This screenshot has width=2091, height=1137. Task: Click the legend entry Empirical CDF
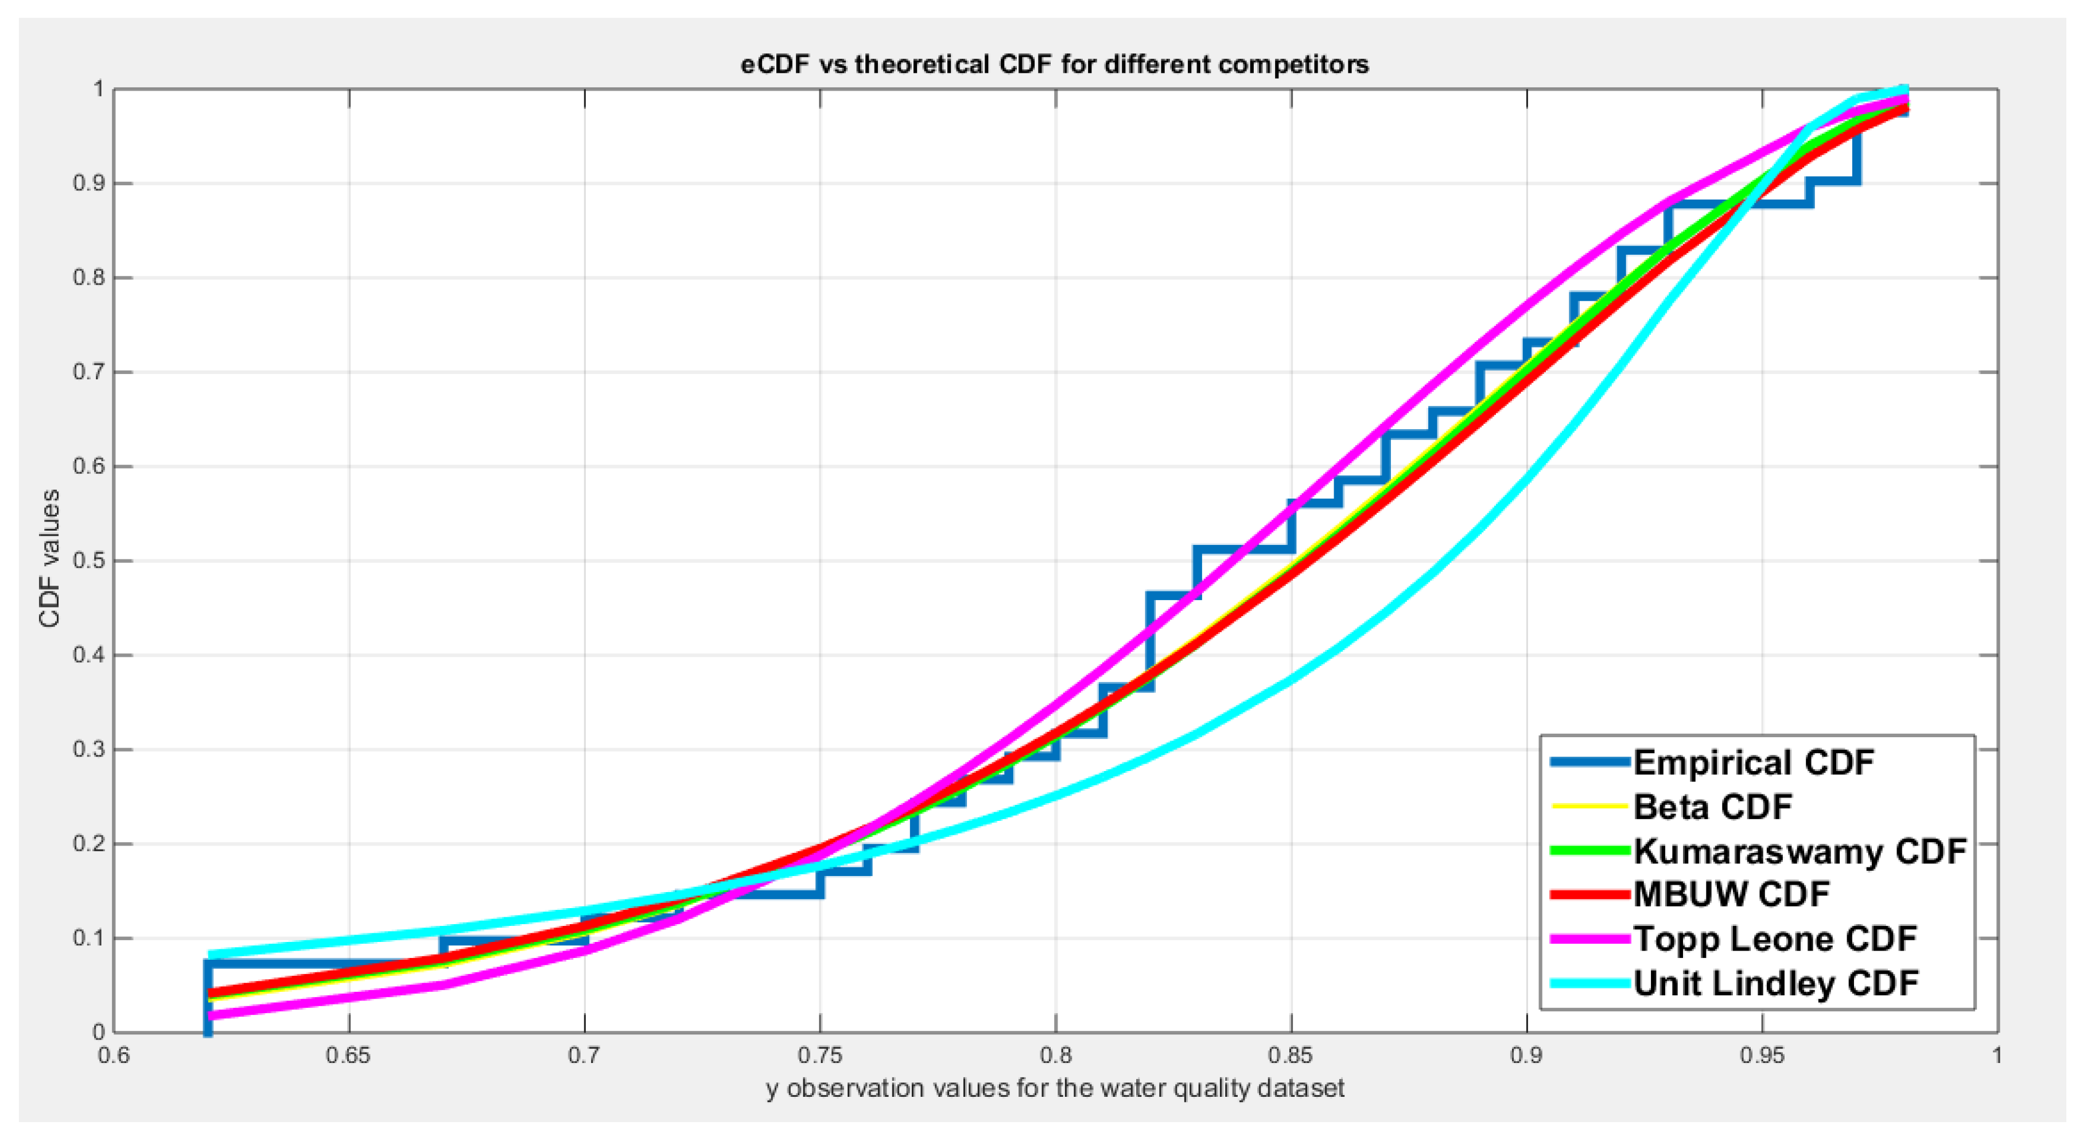(x=1754, y=762)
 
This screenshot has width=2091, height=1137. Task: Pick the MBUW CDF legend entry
(x=1731, y=894)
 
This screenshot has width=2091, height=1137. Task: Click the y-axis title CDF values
(x=49, y=558)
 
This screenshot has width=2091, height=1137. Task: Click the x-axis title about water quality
(x=1055, y=1088)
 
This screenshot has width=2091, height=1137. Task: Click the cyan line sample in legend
(x=1589, y=984)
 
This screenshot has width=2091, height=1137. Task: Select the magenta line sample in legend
(x=1589, y=939)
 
